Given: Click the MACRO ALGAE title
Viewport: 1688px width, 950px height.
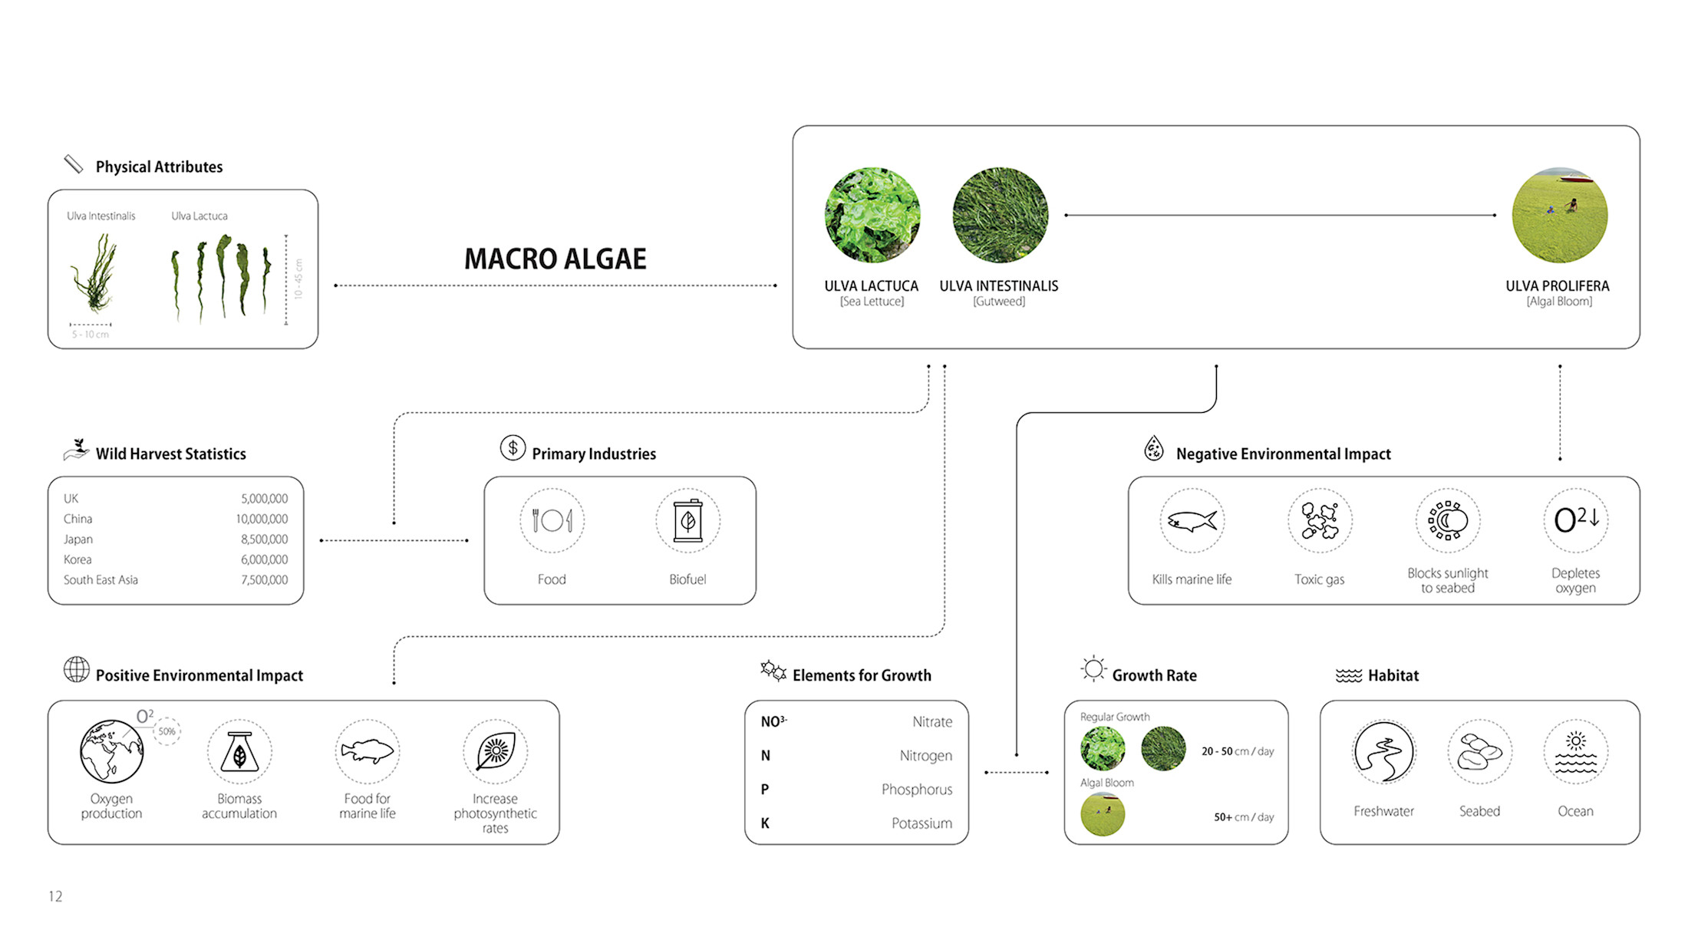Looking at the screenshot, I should pos(555,259).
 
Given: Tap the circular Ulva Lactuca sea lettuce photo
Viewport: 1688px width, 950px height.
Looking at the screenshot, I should pos(872,215).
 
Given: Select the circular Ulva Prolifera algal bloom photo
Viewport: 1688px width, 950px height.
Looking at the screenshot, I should pos(1559,215).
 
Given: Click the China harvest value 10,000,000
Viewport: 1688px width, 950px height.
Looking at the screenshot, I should pos(262,520).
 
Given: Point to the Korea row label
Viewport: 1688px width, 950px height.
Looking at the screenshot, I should pos(77,559).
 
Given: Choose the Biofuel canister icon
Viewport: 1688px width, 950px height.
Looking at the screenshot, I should pos(687,521).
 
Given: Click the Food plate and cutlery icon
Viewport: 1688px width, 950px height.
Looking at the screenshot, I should pos(552,521).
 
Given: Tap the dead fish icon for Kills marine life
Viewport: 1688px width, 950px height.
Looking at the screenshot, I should pos(1192,521).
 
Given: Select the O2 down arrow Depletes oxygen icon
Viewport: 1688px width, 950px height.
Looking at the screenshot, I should pos(1576,520).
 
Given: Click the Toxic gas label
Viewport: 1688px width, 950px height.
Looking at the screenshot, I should pos(1319,579).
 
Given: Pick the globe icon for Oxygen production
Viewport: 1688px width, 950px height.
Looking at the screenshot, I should pos(112,751).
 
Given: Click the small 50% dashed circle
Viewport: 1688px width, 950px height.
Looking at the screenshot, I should pos(166,731).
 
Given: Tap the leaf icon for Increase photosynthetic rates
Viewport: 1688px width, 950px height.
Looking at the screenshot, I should pos(495,751).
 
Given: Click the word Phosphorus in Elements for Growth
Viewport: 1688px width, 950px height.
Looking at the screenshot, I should pos(916,789).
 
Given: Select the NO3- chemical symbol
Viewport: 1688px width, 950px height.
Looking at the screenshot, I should pos(773,721).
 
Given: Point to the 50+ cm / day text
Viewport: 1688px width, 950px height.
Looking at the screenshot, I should pos(1243,817).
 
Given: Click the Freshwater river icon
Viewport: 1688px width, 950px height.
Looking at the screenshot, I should pos(1383,752).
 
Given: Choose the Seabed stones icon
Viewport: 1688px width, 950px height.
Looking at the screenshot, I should pos(1479,752).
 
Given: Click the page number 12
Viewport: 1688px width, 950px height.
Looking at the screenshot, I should pos(55,896).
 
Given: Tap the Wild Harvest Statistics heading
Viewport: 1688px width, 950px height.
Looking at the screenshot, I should pos(170,454).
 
